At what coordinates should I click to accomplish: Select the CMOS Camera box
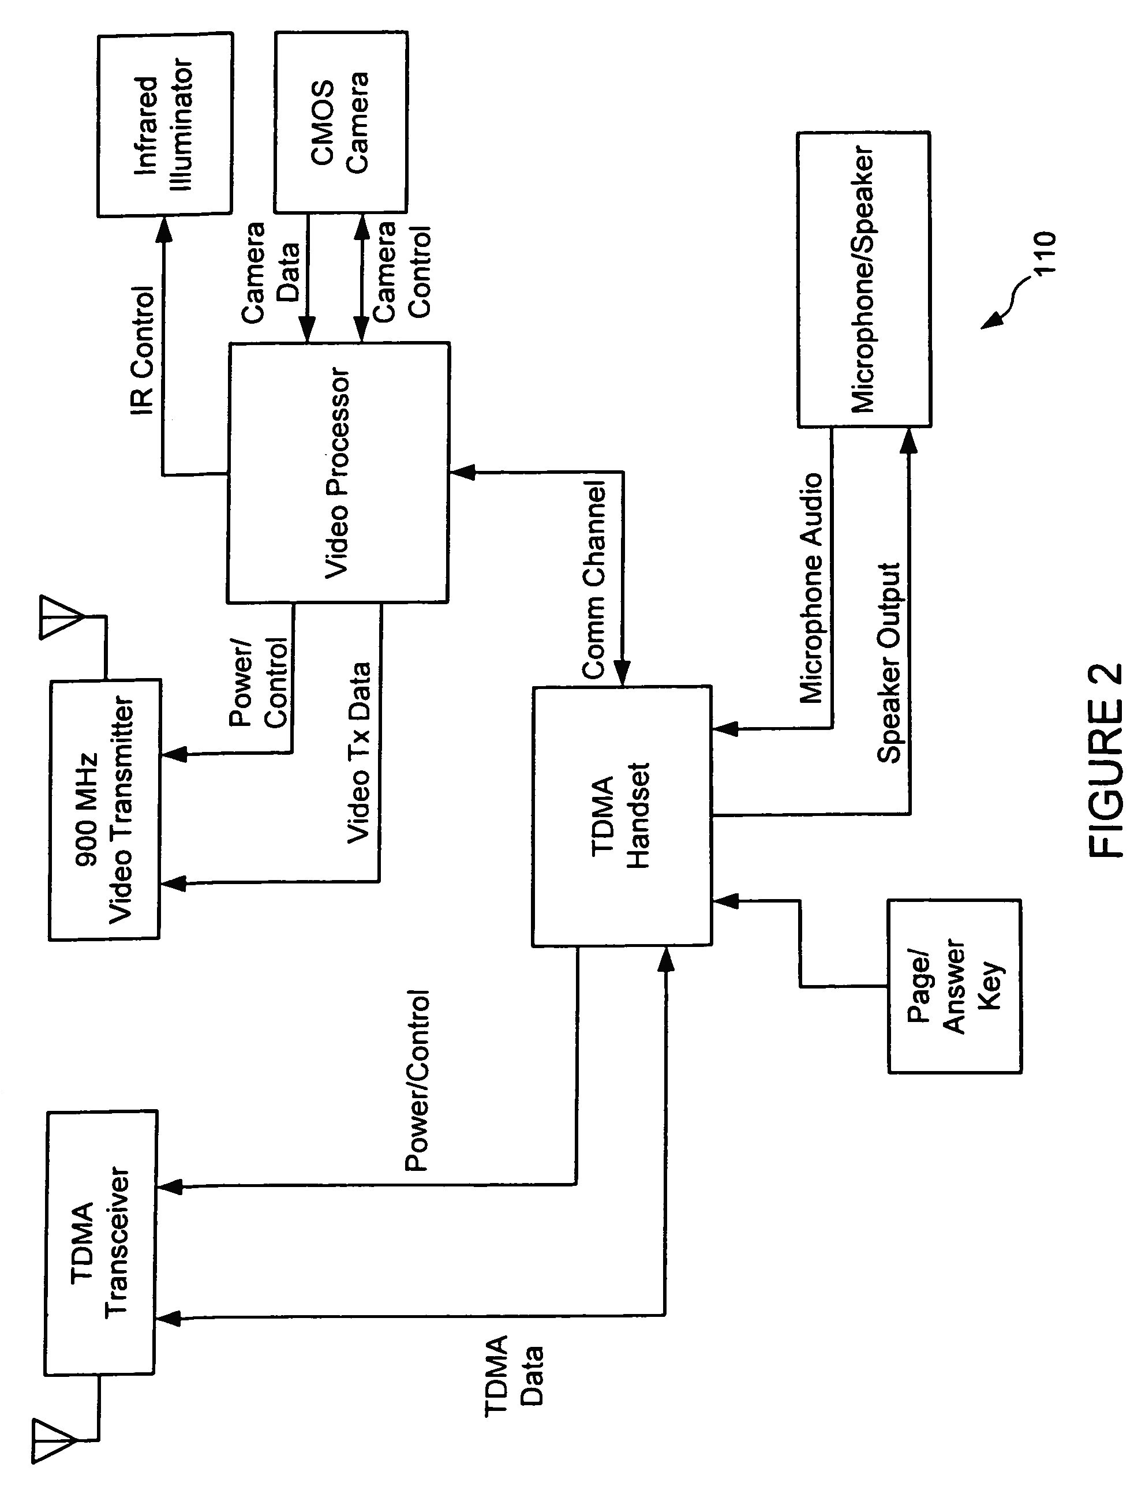click(x=341, y=121)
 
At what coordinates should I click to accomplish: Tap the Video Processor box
click(x=338, y=473)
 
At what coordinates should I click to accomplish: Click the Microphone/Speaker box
click(x=864, y=279)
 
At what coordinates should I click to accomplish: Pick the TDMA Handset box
click(x=621, y=816)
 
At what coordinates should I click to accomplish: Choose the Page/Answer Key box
click(x=955, y=986)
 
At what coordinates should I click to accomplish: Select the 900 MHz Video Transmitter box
click(x=104, y=809)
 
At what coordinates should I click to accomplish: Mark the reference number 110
click(x=1044, y=252)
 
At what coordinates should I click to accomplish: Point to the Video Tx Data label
click(x=359, y=752)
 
